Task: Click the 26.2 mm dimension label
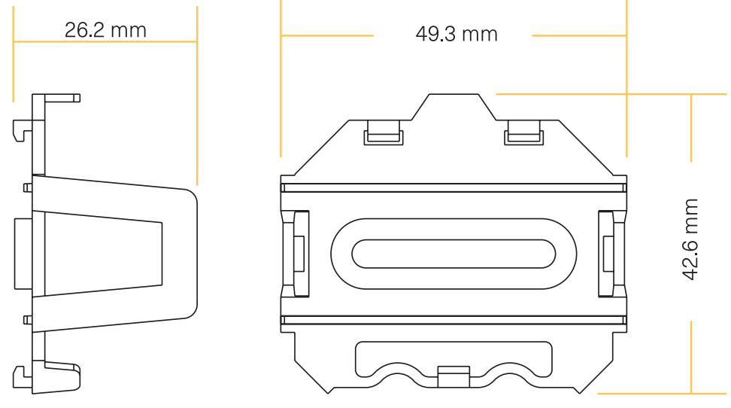coord(105,30)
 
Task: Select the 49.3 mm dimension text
coord(456,35)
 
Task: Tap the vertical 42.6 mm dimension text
coord(690,240)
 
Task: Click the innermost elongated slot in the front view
coord(453,254)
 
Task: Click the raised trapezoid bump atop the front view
coord(453,107)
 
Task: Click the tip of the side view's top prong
coord(77,97)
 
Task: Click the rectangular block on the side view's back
coord(23,254)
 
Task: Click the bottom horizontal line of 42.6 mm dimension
coord(662,393)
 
